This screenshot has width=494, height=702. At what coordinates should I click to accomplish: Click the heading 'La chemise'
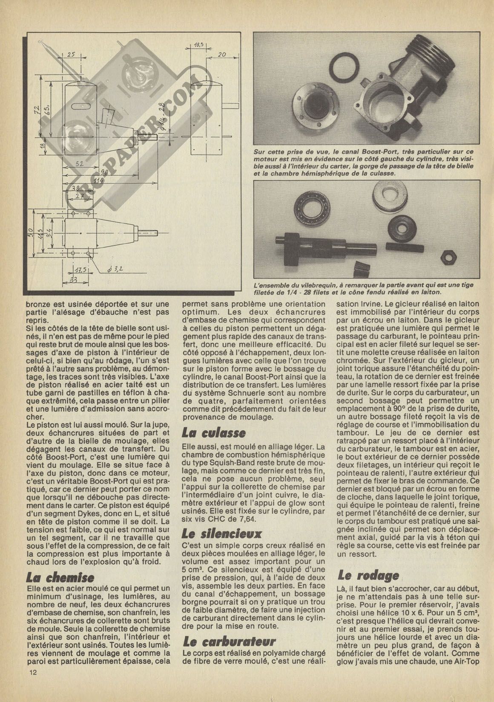point(60,577)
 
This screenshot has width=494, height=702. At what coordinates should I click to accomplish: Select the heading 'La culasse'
point(213,433)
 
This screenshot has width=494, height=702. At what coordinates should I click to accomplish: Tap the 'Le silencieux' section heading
point(221,533)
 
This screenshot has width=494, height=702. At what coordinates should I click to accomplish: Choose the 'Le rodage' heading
point(368,575)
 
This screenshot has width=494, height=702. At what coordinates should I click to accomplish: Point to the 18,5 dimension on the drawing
point(198,44)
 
